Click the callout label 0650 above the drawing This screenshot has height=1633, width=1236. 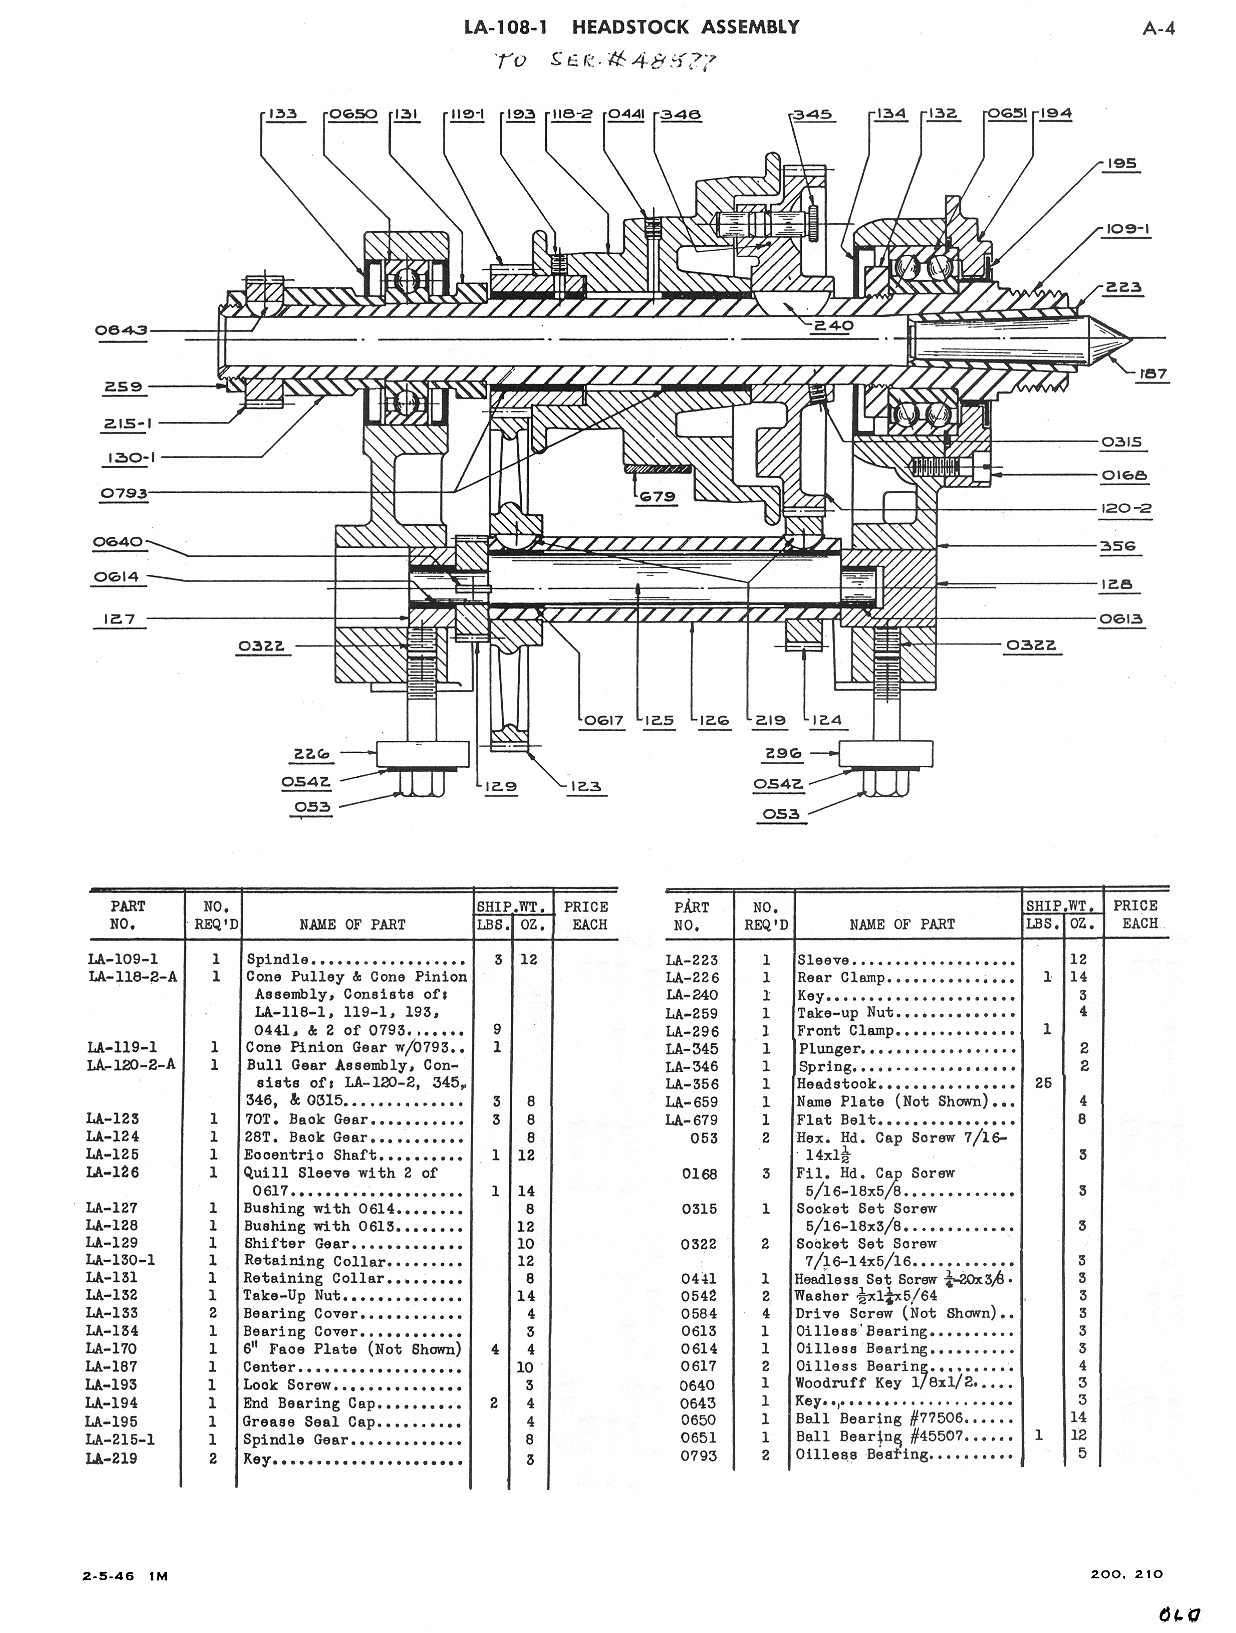(x=353, y=115)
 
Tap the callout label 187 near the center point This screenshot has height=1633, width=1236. (x=1152, y=373)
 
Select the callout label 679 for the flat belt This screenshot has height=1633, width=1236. (x=657, y=495)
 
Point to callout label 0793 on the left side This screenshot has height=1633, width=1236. (x=124, y=493)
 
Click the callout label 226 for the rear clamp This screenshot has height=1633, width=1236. (x=311, y=754)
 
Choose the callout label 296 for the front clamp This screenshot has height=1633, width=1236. (x=783, y=753)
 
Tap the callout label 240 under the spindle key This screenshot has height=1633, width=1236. (x=833, y=325)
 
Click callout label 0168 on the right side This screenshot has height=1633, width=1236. (x=1124, y=475)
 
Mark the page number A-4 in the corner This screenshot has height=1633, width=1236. (x=1159, y=29)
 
